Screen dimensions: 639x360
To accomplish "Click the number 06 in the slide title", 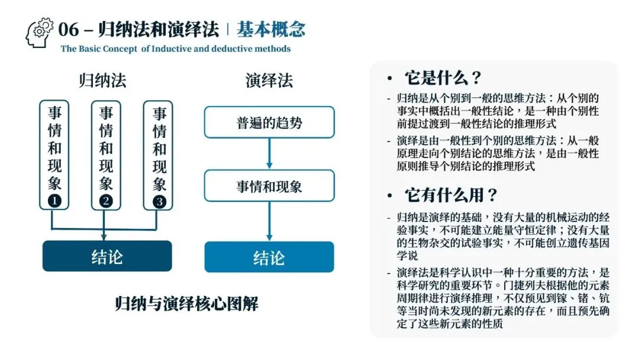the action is [69, 29].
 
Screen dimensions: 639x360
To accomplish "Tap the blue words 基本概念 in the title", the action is [271, 29].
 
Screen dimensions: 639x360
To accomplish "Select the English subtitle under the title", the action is [176, 49].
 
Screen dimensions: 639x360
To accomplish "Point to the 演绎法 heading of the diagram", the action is [269, 80].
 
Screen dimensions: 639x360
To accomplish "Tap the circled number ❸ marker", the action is [159, 201].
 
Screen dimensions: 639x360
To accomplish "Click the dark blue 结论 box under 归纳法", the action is [107, 256].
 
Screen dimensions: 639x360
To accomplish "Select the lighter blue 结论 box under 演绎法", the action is [269, 257].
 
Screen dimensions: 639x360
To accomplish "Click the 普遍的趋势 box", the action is [269, 123].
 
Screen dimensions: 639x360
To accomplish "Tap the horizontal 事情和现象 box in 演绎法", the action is [269, 186].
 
